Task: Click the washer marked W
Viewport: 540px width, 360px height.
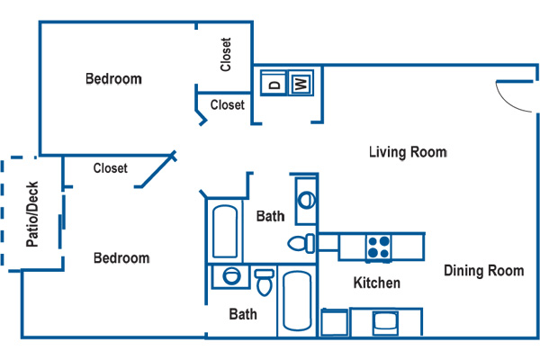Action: [x=301, y=83]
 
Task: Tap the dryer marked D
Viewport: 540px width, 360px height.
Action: [x=274, y=83]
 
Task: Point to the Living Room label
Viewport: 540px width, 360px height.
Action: [x=408, y=152]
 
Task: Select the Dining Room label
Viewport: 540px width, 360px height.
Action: [x=484, y=271]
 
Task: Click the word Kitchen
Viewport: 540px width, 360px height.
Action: [x=377, y=283]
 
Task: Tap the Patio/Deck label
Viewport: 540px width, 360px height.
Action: [x=32, y=214]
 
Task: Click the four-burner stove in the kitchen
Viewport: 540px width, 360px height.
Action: [x=379, y=247]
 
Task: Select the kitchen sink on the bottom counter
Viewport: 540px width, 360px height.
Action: [x=386, y=323]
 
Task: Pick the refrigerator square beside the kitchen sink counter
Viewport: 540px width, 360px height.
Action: [x=334, y=322]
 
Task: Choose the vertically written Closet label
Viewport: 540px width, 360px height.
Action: [x=226, y=54]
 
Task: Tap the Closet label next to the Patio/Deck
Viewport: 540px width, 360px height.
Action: [x=110, y=168]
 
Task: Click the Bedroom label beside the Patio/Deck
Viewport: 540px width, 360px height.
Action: [x=121, y=258]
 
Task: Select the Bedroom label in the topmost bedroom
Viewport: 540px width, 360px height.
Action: [x=113, y=79]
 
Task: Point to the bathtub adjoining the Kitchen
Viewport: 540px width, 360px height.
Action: [x=297, y=301]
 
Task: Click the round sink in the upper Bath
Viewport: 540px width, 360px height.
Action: [x=306, y=200]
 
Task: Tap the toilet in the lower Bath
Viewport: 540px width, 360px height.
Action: [x=264, y=283]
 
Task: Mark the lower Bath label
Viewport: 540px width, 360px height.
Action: [x=243, y=314]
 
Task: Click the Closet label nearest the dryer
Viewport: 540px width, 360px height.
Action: [x=228, y=104]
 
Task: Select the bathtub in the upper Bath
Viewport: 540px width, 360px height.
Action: [x=225, y=231]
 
